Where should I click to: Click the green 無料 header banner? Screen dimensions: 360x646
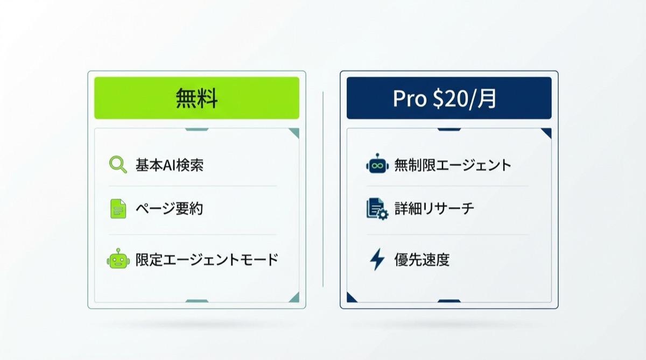click(196, 98)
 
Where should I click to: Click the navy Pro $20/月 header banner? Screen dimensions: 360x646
click(448, 98)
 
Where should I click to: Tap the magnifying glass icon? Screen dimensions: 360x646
click(117, 164)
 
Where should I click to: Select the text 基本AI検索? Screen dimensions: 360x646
click(169, 165)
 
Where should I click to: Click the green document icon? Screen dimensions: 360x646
click(118, 209)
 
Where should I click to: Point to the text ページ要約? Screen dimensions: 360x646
click(169, 209)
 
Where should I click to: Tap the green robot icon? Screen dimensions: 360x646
click(118, 259)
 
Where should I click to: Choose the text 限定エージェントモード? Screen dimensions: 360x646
click(207, 259)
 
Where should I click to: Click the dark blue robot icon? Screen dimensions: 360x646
click(377, 164)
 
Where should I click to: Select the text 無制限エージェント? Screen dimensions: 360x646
click(452, 165)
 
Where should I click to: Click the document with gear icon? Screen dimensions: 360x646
click(377, 209)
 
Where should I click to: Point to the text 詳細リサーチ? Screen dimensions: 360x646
click(434, 209)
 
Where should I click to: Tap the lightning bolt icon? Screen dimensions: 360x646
click(377, 259)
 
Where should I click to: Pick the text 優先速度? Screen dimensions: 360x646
click(422, 260)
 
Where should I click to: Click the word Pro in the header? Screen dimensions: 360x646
click(409, 98)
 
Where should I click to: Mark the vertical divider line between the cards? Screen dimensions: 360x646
click(323, 188)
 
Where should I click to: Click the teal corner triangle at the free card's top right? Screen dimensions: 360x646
click(294, 132)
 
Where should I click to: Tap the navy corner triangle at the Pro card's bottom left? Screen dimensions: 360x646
click(351, 298)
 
